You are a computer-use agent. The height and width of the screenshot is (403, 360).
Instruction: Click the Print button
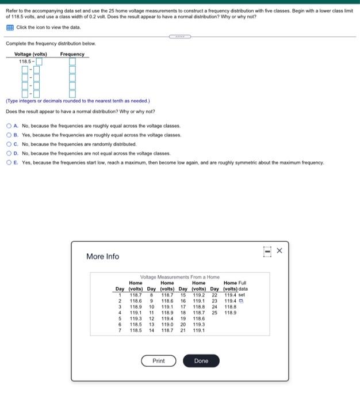point(159,361)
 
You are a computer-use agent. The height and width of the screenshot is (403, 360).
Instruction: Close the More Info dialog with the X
point(279,250)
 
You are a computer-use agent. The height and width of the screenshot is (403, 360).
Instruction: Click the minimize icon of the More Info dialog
point(267,251)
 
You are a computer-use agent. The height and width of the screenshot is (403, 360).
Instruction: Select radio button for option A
point(9,126)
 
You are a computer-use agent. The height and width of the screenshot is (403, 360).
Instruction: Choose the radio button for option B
point(9,135)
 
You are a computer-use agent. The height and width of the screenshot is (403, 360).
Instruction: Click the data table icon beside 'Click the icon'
point(9,28)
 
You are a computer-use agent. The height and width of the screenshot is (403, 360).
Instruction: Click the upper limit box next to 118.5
point(40,61)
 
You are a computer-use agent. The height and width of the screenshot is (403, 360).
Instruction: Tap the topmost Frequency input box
point(72,61)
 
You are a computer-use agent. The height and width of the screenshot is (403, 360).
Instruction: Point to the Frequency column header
point(72,54)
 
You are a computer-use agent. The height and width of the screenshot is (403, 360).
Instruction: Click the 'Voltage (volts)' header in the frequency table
point(30,54)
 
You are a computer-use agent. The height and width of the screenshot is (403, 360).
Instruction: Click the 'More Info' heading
point(102,256)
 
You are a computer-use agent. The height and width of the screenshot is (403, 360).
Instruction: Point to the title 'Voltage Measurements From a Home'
point(180,277)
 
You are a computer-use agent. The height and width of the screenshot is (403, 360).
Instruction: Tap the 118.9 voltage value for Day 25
point(231,313)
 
